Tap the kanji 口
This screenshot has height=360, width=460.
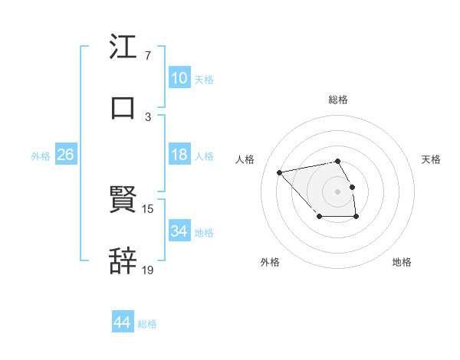[123, 107]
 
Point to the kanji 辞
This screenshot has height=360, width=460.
[123, 260]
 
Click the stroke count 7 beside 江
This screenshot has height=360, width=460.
[148, 57]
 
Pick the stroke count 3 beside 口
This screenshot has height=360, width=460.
[148, 116]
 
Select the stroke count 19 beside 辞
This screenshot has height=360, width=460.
[148, 269]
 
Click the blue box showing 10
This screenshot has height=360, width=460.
[179, 78]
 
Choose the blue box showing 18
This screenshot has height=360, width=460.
[179, 155]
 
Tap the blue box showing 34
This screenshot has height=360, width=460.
[179, 231]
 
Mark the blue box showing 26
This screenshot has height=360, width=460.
[65, 155]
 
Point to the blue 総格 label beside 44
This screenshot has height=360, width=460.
[147, 324]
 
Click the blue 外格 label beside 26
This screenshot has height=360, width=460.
[41, 156]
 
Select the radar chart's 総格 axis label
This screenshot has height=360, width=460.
[338, 100]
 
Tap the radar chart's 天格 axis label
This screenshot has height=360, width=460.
[431, 159]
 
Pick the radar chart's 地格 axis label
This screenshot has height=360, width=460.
[402, 262]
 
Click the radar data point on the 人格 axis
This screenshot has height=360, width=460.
[280, 172]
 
